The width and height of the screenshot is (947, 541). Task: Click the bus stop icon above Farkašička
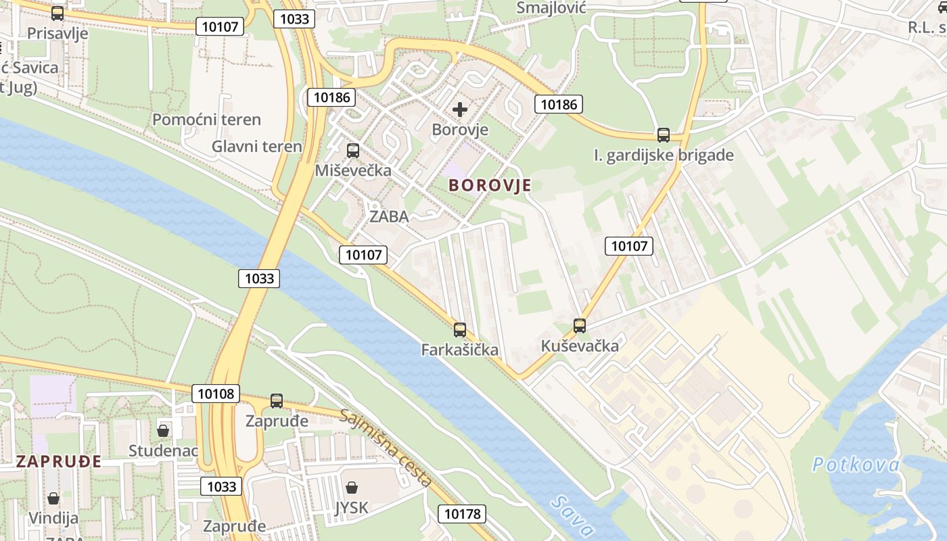coord(460,330)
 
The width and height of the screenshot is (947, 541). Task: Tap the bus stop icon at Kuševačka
coord(580,326)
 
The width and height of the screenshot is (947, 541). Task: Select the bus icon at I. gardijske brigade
coord(664,135)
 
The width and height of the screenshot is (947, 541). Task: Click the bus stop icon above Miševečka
coord(353,151)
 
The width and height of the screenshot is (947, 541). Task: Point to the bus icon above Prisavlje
coord(57,14)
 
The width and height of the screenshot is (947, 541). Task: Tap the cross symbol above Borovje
coord(460,110)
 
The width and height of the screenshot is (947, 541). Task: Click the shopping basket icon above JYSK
coord(352,488)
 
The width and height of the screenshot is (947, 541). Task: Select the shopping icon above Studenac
coord(163,431)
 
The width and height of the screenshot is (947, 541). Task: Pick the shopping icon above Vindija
coord(53,499)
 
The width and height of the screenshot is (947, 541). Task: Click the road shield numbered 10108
coord(216,393)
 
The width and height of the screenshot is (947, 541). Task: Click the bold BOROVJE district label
coord(490,185)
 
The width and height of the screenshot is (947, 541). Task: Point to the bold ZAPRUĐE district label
coord(59,462)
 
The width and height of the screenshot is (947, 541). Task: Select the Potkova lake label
coord(856,465)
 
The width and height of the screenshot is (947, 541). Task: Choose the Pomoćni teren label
coord(206,120)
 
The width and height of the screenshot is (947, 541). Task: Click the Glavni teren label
coord(256,147)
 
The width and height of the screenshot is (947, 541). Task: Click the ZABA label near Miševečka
coord(389,216)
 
